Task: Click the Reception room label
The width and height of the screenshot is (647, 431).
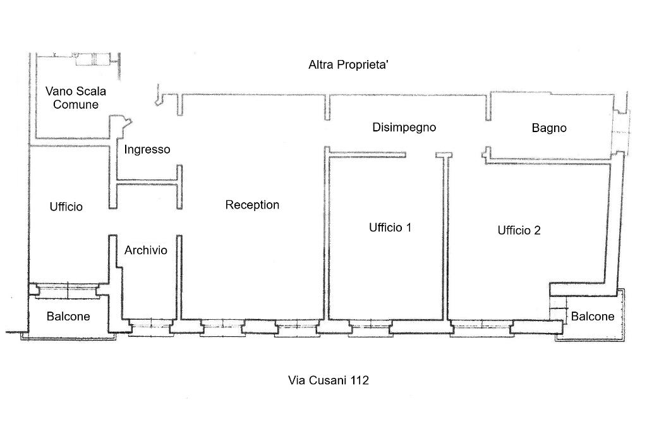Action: tap(252, 205)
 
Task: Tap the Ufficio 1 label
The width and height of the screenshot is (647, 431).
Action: tap(390, 228)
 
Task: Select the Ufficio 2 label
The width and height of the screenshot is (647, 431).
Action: tap(519, 231)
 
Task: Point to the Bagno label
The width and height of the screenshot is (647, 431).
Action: tap(549, 128)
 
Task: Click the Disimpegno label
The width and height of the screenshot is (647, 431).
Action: tap(404, 128)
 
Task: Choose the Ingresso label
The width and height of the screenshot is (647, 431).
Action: tap(147, 149)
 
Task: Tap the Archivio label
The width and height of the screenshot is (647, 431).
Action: tap(146, 250)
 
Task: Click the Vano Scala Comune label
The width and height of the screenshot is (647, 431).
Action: tap(76, 98)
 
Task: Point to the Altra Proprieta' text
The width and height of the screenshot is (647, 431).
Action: tap(348, 65)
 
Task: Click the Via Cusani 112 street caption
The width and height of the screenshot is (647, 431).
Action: tap(329, 380)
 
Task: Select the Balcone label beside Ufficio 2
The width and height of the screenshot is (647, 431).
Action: tap(593, 317)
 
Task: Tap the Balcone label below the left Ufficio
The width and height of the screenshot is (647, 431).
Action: tap(68, 317)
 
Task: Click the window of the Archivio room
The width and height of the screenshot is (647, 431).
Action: tap(150, 327)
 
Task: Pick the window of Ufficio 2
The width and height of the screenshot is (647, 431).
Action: tap(481, 328)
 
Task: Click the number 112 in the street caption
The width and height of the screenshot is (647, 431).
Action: tap(360, 380)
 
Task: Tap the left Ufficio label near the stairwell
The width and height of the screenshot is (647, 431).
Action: tap(66, 207)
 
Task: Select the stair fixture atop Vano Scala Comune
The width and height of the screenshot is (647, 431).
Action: tap(94, 59)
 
